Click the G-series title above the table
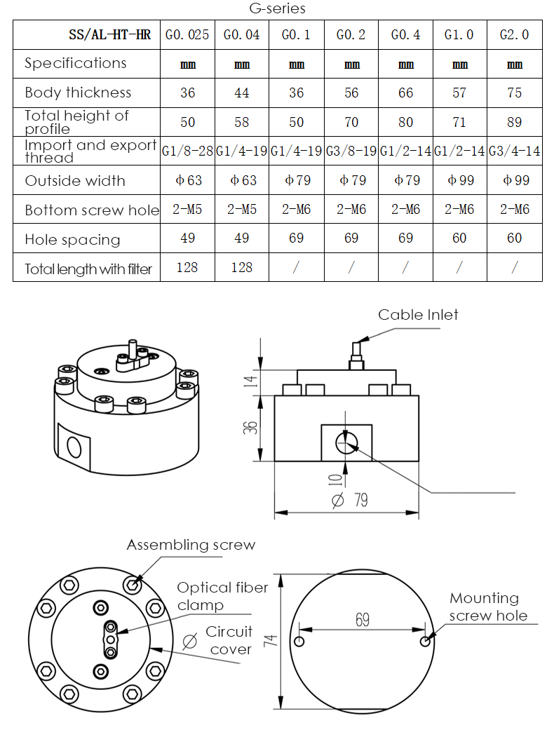(277, 9)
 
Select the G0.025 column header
(187, 34)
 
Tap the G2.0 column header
(514, 34)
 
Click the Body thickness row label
(78, 93)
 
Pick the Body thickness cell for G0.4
(406, 93)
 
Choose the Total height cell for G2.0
(514, 122)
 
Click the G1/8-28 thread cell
(187, 151)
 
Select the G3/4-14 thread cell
(514, 151)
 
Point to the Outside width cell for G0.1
(297, 180)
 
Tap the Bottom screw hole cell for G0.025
(187, 210)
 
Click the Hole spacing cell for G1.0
(459, 238)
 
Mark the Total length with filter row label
(88, 268)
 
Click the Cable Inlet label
(418, 314)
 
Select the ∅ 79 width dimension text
(350, 500)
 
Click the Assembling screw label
(191, 545)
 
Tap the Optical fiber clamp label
(222, 595)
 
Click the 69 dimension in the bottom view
(362, 620)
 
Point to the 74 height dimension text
(273, 640)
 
